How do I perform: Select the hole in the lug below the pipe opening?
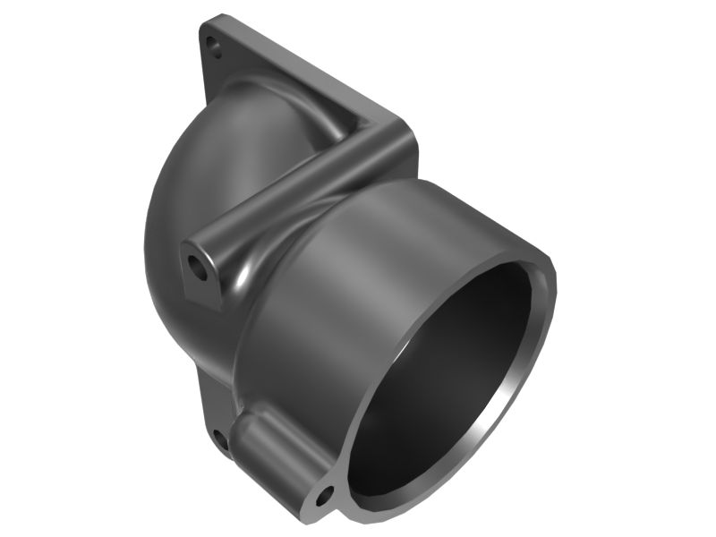point(323,493)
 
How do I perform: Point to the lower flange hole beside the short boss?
point(217,438)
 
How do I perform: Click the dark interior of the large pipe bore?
point(447,376)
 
